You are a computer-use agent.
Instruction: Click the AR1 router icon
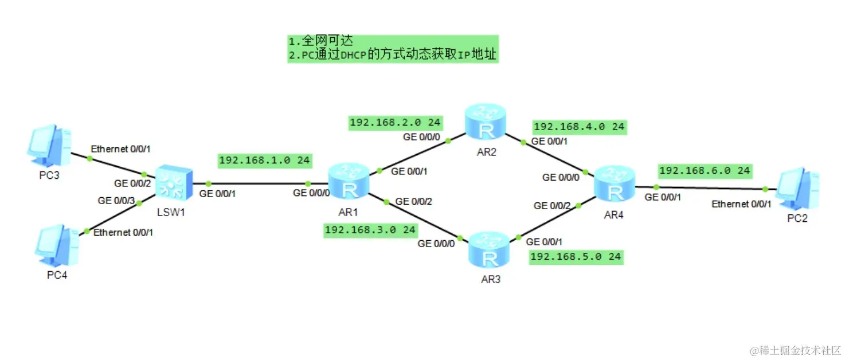(x=348, y=182)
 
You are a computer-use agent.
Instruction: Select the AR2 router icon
(x=486, y=121)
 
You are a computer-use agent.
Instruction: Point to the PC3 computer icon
(x=50, y=144)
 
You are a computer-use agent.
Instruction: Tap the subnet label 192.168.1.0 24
(x=264, y=161)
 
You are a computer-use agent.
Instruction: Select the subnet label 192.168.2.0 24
(x=395, y=122)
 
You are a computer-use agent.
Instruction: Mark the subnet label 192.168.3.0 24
(x=370, y=230)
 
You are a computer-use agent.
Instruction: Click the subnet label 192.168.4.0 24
(x=579, y=127)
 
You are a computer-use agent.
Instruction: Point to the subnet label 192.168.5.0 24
(x=576, y=256)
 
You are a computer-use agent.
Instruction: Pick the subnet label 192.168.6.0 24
(x=705, y=170)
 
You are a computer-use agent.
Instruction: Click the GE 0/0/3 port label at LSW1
(x=116, y=201)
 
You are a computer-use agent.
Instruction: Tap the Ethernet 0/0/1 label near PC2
(x=741, y=204)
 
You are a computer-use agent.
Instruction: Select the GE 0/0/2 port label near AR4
(x=553, y=205)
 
